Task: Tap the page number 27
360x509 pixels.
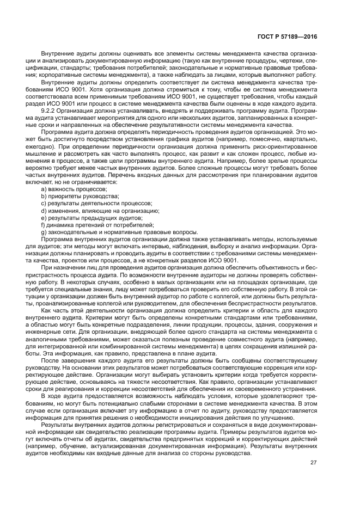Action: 314,478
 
